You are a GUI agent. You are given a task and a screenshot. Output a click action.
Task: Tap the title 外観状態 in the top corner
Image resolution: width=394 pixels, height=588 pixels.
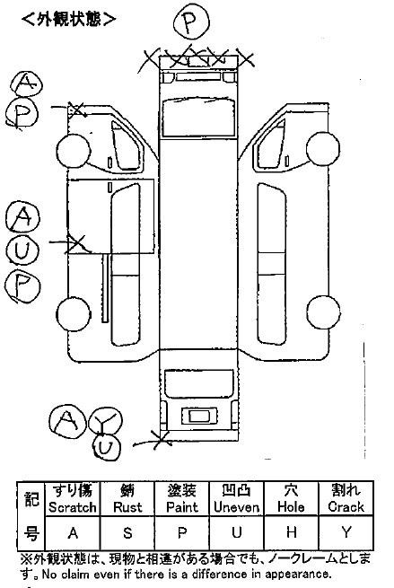tap(69, 19)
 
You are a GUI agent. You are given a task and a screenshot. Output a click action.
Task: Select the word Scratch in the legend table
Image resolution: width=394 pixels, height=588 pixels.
tap(73, 507)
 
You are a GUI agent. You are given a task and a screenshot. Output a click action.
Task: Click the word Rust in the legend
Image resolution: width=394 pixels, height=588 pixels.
tap(127, 507)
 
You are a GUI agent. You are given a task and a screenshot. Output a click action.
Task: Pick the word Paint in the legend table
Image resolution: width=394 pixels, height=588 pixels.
tap(182, 507)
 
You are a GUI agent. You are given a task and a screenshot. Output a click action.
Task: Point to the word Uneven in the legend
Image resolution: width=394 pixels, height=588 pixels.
tap(237, 507)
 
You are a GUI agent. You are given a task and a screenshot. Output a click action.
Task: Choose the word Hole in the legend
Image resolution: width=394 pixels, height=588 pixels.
tap(291, 507)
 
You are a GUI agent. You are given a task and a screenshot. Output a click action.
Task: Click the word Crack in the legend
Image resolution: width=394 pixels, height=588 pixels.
tap(346, 507)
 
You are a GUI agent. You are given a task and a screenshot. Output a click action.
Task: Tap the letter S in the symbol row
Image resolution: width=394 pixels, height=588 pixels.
tap(127, 532)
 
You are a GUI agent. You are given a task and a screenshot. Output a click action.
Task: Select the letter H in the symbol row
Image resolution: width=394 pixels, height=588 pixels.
tap(292, 532)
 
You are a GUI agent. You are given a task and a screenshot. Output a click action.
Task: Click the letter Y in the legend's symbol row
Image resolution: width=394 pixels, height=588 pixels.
tap(346, 532)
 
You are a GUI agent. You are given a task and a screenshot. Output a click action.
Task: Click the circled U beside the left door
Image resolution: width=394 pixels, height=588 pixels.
tap(22, 250)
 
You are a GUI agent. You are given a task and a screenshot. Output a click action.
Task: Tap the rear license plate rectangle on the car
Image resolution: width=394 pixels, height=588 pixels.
tap(199, 417)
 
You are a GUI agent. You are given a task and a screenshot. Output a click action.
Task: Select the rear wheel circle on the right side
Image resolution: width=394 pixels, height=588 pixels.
tap(323, 312)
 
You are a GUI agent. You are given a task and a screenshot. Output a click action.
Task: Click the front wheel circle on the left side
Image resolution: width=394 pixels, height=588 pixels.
tap(74, 151)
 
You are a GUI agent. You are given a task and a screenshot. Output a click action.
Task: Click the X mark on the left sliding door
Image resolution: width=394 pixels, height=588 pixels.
tap(76, 244)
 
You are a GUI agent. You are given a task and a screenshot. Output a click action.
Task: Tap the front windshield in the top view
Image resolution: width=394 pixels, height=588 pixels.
tap(198, 117)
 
